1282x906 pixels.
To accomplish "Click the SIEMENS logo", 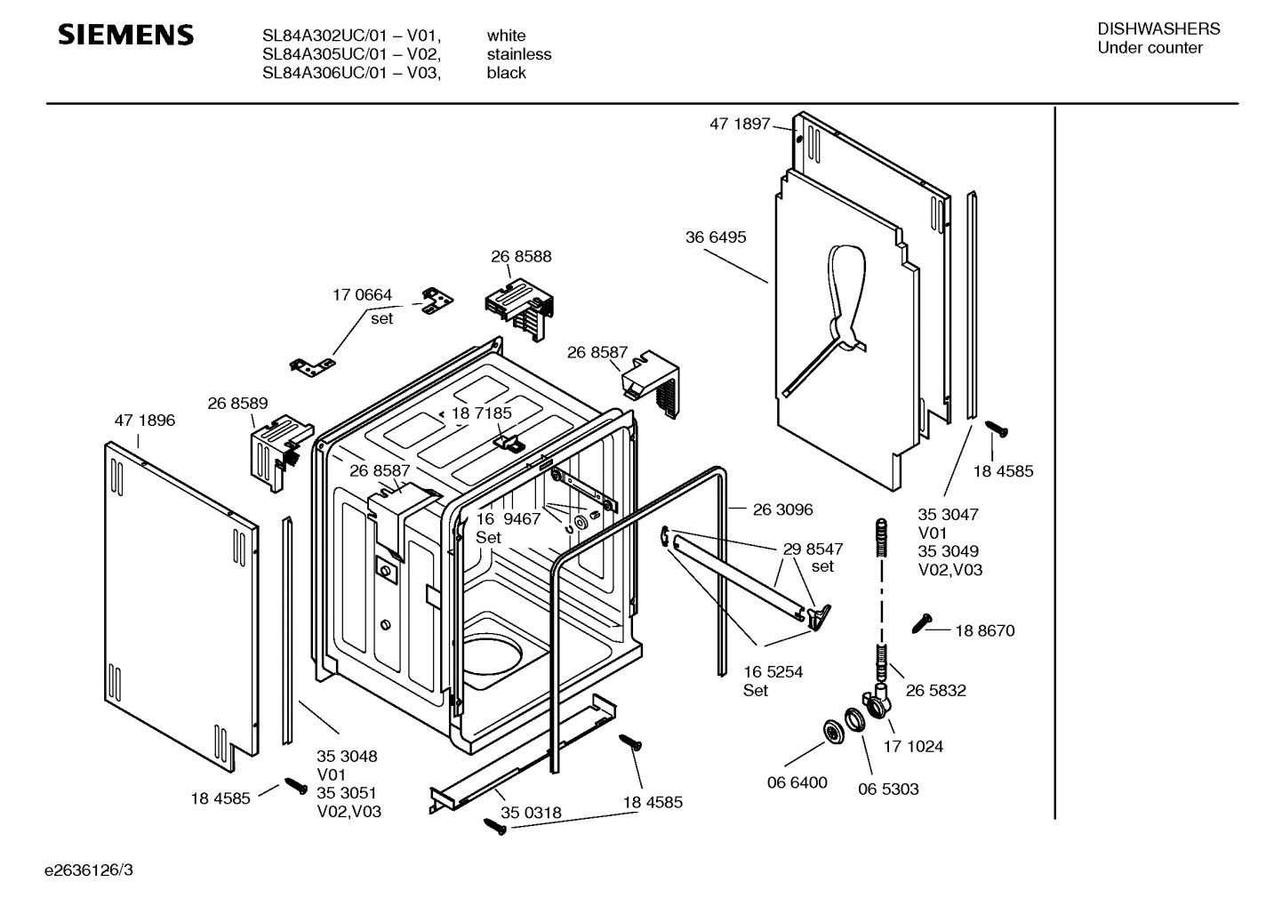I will point(125,36).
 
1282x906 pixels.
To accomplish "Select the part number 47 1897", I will point(739,124).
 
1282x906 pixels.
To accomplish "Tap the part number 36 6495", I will point(716,237).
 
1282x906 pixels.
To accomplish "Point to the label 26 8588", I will point(521,256).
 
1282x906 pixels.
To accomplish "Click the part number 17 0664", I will point(362,295).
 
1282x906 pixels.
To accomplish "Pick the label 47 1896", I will point(144,421).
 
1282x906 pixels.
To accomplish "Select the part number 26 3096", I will point(782,509).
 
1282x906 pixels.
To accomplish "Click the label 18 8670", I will point(984,630).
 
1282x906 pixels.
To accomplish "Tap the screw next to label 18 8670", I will point(922,623).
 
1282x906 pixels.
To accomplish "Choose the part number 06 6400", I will point(797,782).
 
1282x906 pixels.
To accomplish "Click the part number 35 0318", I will point(531,813).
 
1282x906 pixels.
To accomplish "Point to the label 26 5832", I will point(935,690).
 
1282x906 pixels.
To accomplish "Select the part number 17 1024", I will point(913,746).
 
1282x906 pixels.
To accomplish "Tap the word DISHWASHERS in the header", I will point(1158,28).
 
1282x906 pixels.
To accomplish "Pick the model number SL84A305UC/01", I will point(325,54).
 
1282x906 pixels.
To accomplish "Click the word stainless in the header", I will point(518,54).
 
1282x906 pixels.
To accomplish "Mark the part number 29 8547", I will point(813,549).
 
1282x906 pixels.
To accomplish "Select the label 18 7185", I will point(481,413).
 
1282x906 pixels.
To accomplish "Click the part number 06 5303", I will point(888,789).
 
